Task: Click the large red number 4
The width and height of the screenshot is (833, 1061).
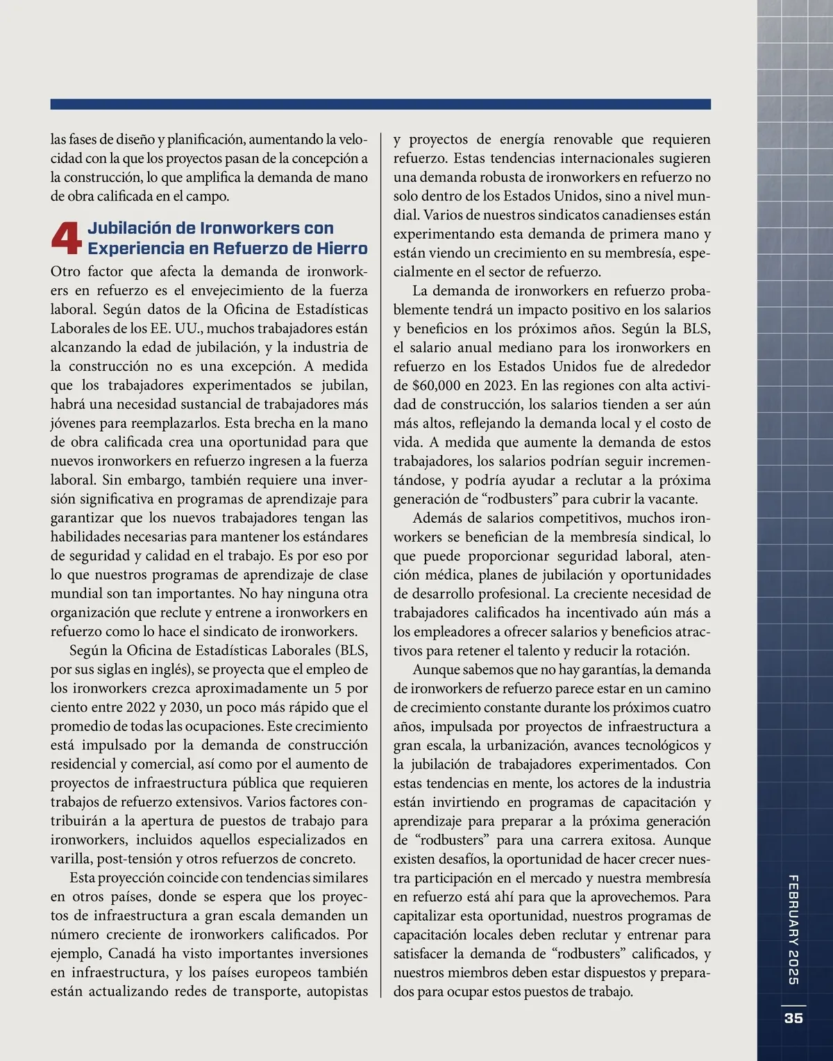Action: tap(67, 238)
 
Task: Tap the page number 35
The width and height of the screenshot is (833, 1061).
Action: tap(793, 1017)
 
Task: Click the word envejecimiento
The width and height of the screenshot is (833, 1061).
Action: tap(230, 290)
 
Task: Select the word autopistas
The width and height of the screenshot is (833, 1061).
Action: tap(336, 992)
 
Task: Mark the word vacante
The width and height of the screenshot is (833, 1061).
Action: tap(671, 499)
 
